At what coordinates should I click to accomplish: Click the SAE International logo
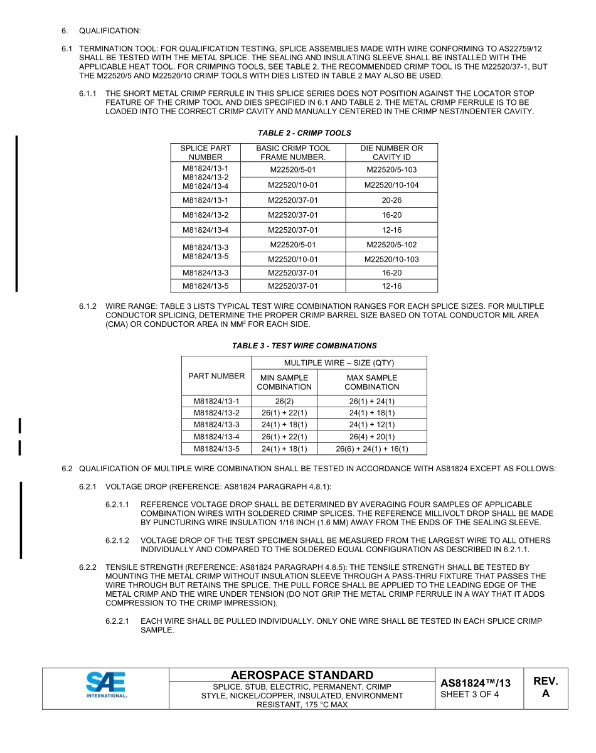(x=106, y=685)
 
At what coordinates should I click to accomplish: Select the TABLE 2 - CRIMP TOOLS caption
(x=304, y=133)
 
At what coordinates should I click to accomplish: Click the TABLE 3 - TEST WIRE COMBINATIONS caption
(x=304, y=346)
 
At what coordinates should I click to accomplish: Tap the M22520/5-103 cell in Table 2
(x=391, y=170)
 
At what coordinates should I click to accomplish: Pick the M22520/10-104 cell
(x=391, y=185)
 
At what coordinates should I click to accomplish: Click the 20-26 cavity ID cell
(x=391, y=200)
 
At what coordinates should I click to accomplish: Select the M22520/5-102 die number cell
(x=391, y=245)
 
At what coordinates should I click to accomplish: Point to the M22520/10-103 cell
(x=391, y=259)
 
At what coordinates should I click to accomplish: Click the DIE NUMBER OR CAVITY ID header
(x=391, y=152)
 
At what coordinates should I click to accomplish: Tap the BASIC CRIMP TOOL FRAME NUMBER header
(x=293, y=152)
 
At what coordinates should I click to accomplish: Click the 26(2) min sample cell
(x=284, y=401)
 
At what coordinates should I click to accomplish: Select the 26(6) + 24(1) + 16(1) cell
(x=372, y=449)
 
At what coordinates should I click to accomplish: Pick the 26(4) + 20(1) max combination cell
(x=372, y=437)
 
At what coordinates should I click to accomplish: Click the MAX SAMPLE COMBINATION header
(x=372, y=382)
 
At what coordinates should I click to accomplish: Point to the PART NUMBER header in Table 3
(x=216, y=376)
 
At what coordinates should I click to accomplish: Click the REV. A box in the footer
(x=545, y=687)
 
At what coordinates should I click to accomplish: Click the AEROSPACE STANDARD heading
(x=302, y=675)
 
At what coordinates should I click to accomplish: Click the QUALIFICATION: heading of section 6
(x=110, y=30)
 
